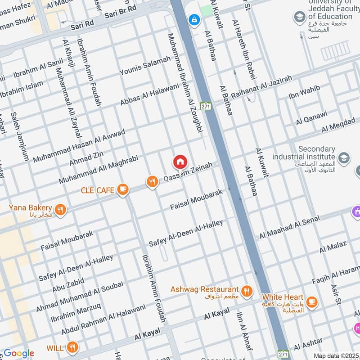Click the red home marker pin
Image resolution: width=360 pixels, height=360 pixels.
click(180, 162)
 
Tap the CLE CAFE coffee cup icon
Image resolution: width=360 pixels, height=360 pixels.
click(122, 190)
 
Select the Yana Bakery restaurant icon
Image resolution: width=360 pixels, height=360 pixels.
click(60, 209)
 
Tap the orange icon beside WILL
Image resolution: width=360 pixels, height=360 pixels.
click(72, 347)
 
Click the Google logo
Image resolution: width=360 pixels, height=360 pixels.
click(18, 353)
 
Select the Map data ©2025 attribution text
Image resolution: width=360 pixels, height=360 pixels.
click(336, 355)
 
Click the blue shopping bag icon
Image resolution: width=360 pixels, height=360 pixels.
click(194, 19)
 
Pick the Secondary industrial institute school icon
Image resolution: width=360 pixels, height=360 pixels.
click(344, 157)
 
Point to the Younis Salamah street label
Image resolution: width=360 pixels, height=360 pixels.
click(145, 66)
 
